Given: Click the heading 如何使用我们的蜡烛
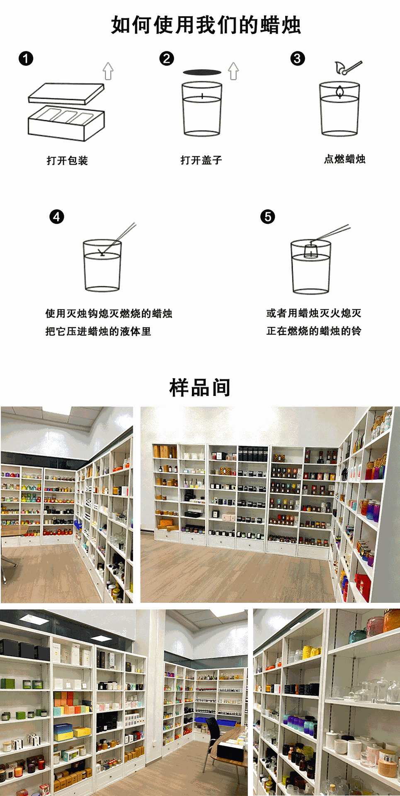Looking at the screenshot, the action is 206,25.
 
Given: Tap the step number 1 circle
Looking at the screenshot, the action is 26,58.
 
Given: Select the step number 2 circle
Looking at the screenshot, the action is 167,58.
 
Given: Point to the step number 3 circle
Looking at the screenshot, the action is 298,58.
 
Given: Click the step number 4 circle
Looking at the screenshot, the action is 57,216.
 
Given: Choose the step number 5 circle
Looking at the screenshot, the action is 268,216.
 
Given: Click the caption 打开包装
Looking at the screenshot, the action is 67,160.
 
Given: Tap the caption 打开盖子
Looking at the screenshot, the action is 201,160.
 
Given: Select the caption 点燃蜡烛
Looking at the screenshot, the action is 344,159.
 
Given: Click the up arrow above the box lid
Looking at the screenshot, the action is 108,71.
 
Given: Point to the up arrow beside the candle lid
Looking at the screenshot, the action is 233,71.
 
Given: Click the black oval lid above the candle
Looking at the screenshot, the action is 202,72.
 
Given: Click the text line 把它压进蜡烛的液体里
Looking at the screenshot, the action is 98,331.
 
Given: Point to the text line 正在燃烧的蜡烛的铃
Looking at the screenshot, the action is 314,331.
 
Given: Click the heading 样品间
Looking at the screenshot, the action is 200,388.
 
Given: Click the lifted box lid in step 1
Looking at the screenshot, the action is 66,93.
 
